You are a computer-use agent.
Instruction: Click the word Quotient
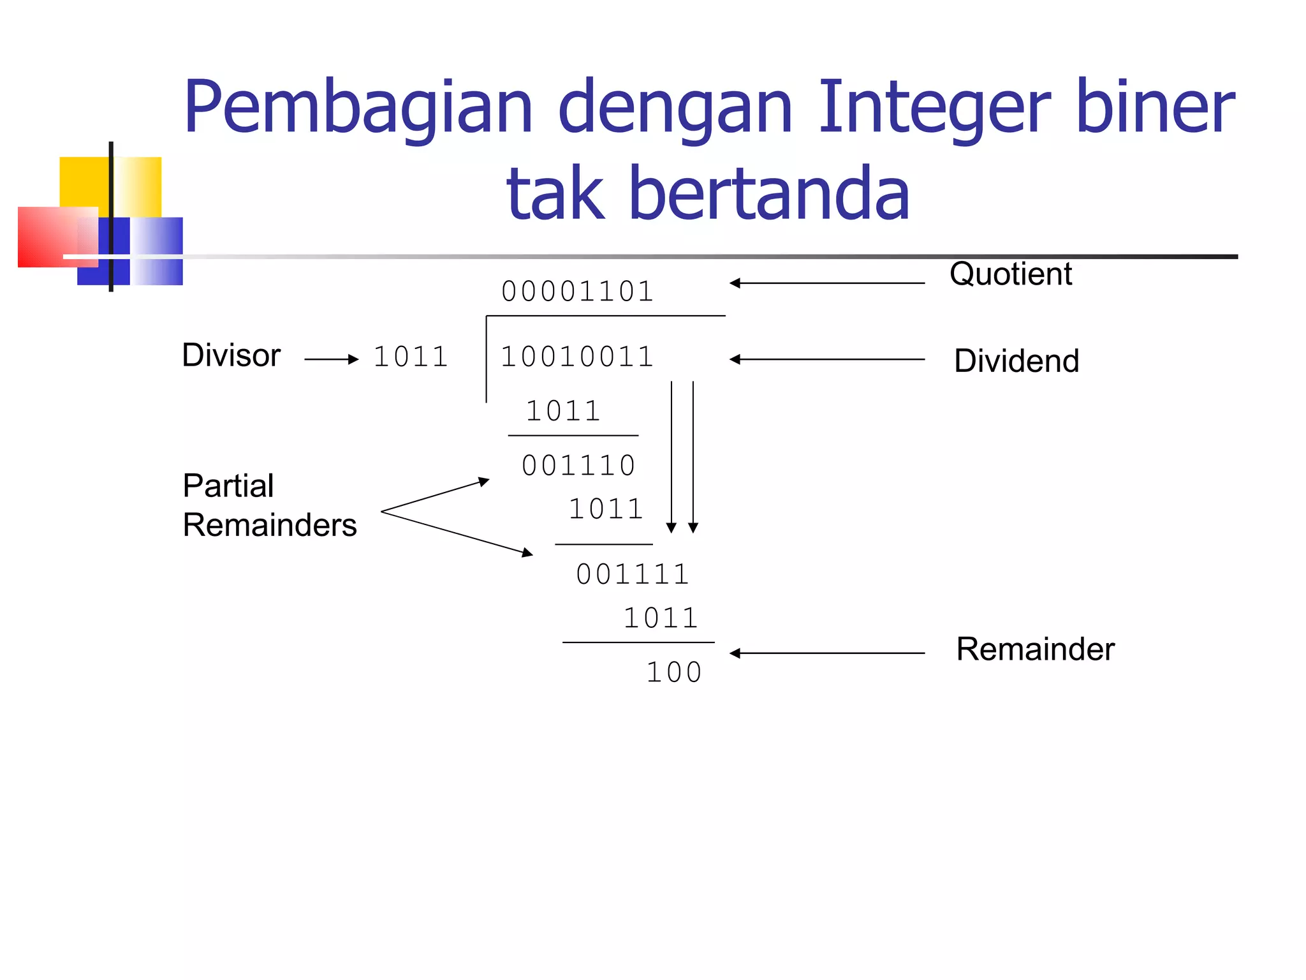[1010, 274]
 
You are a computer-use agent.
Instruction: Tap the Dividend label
[1016, 361]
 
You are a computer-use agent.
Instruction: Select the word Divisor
[231, 355]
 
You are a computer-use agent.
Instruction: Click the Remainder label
[1035, 650]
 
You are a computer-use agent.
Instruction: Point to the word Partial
[228, 486]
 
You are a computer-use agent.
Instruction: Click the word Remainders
[269, 526]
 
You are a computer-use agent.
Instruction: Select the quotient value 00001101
[577, 292]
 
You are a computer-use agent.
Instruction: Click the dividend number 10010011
[577, 357]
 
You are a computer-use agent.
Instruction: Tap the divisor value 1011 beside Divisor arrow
[411, 357]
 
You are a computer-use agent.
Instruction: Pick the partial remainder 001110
[578, 465]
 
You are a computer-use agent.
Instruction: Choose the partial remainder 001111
[633, 574]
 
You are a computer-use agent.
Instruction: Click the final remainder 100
[674, 672]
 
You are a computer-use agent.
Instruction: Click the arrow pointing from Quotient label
[827, 283]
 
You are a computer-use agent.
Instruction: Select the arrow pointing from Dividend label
[827, 360]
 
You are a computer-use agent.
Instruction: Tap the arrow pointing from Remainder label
[827, 653]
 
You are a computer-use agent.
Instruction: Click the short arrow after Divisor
[332, 360]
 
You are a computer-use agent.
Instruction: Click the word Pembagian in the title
[358, 108]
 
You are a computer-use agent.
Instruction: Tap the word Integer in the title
[934, 108]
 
